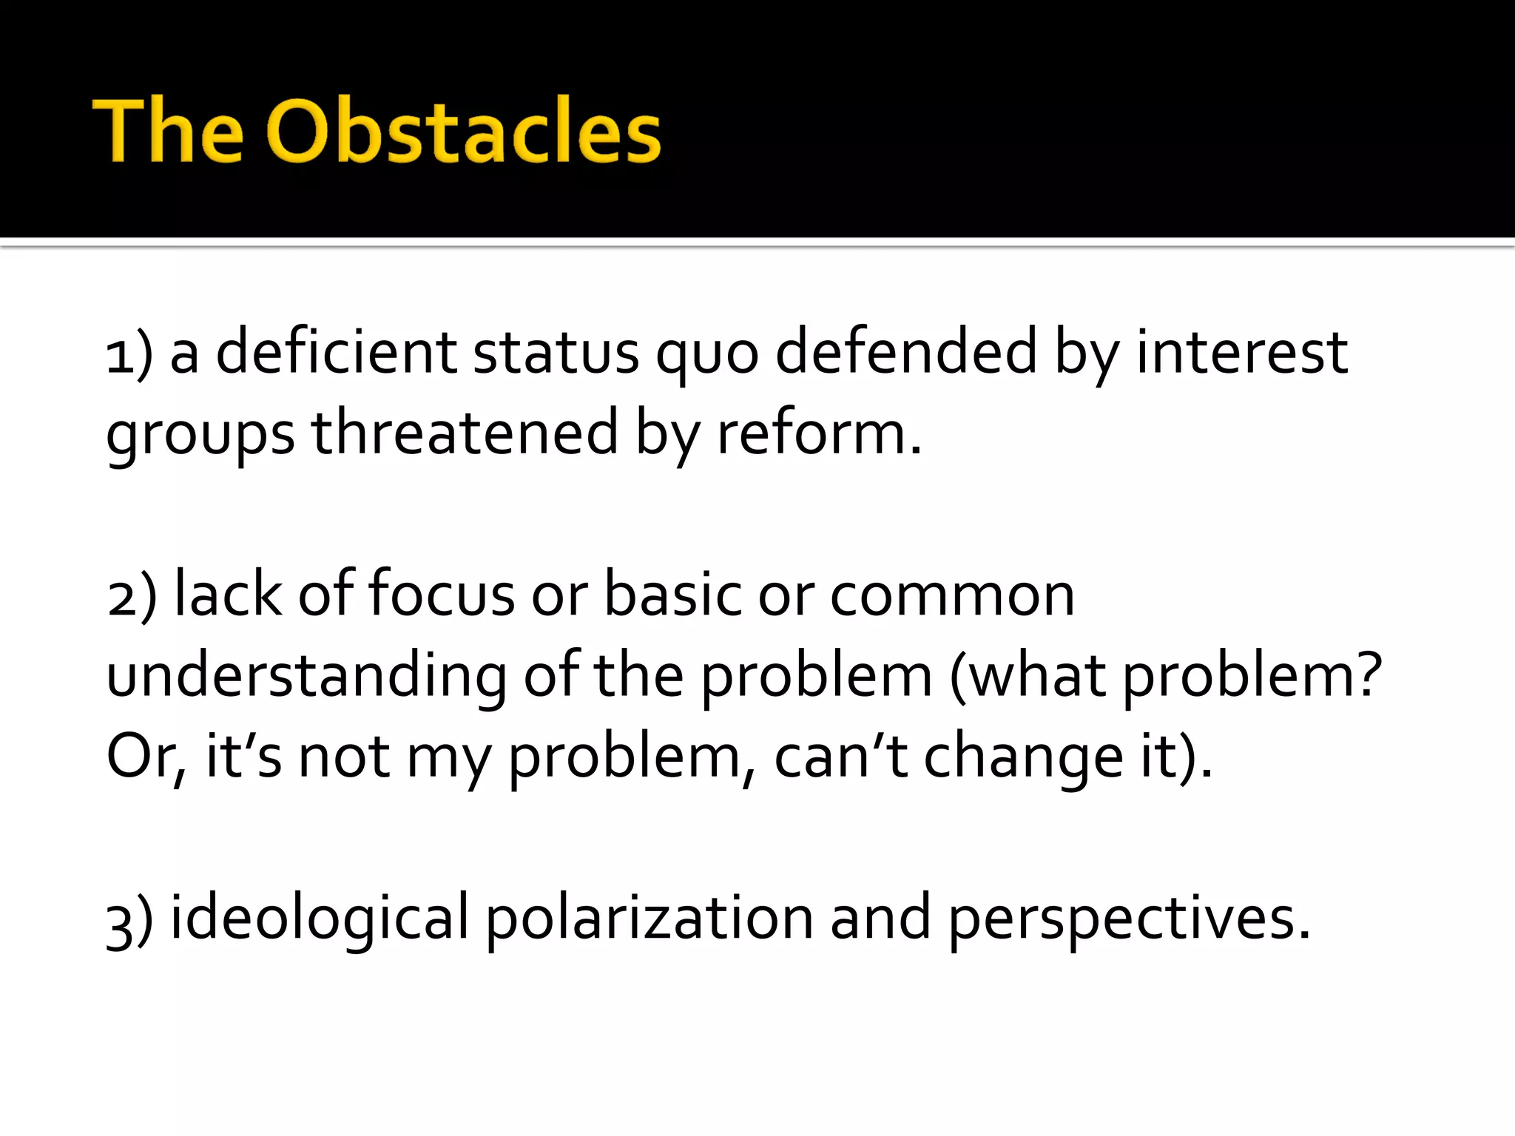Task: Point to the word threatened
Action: [465, 433]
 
